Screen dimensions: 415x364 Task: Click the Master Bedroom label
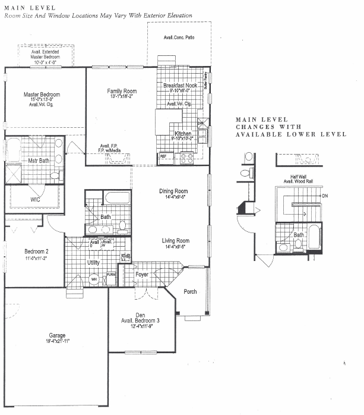(x=42, y=95)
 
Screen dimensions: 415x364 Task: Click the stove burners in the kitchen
(x=186, y=158)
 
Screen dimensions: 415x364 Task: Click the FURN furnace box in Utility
(x=111, y=275)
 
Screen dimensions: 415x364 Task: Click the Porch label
(x=190, y=291)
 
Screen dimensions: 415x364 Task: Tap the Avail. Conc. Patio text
(x=179, y=37)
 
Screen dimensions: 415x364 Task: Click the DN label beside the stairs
(x=324, y=195)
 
